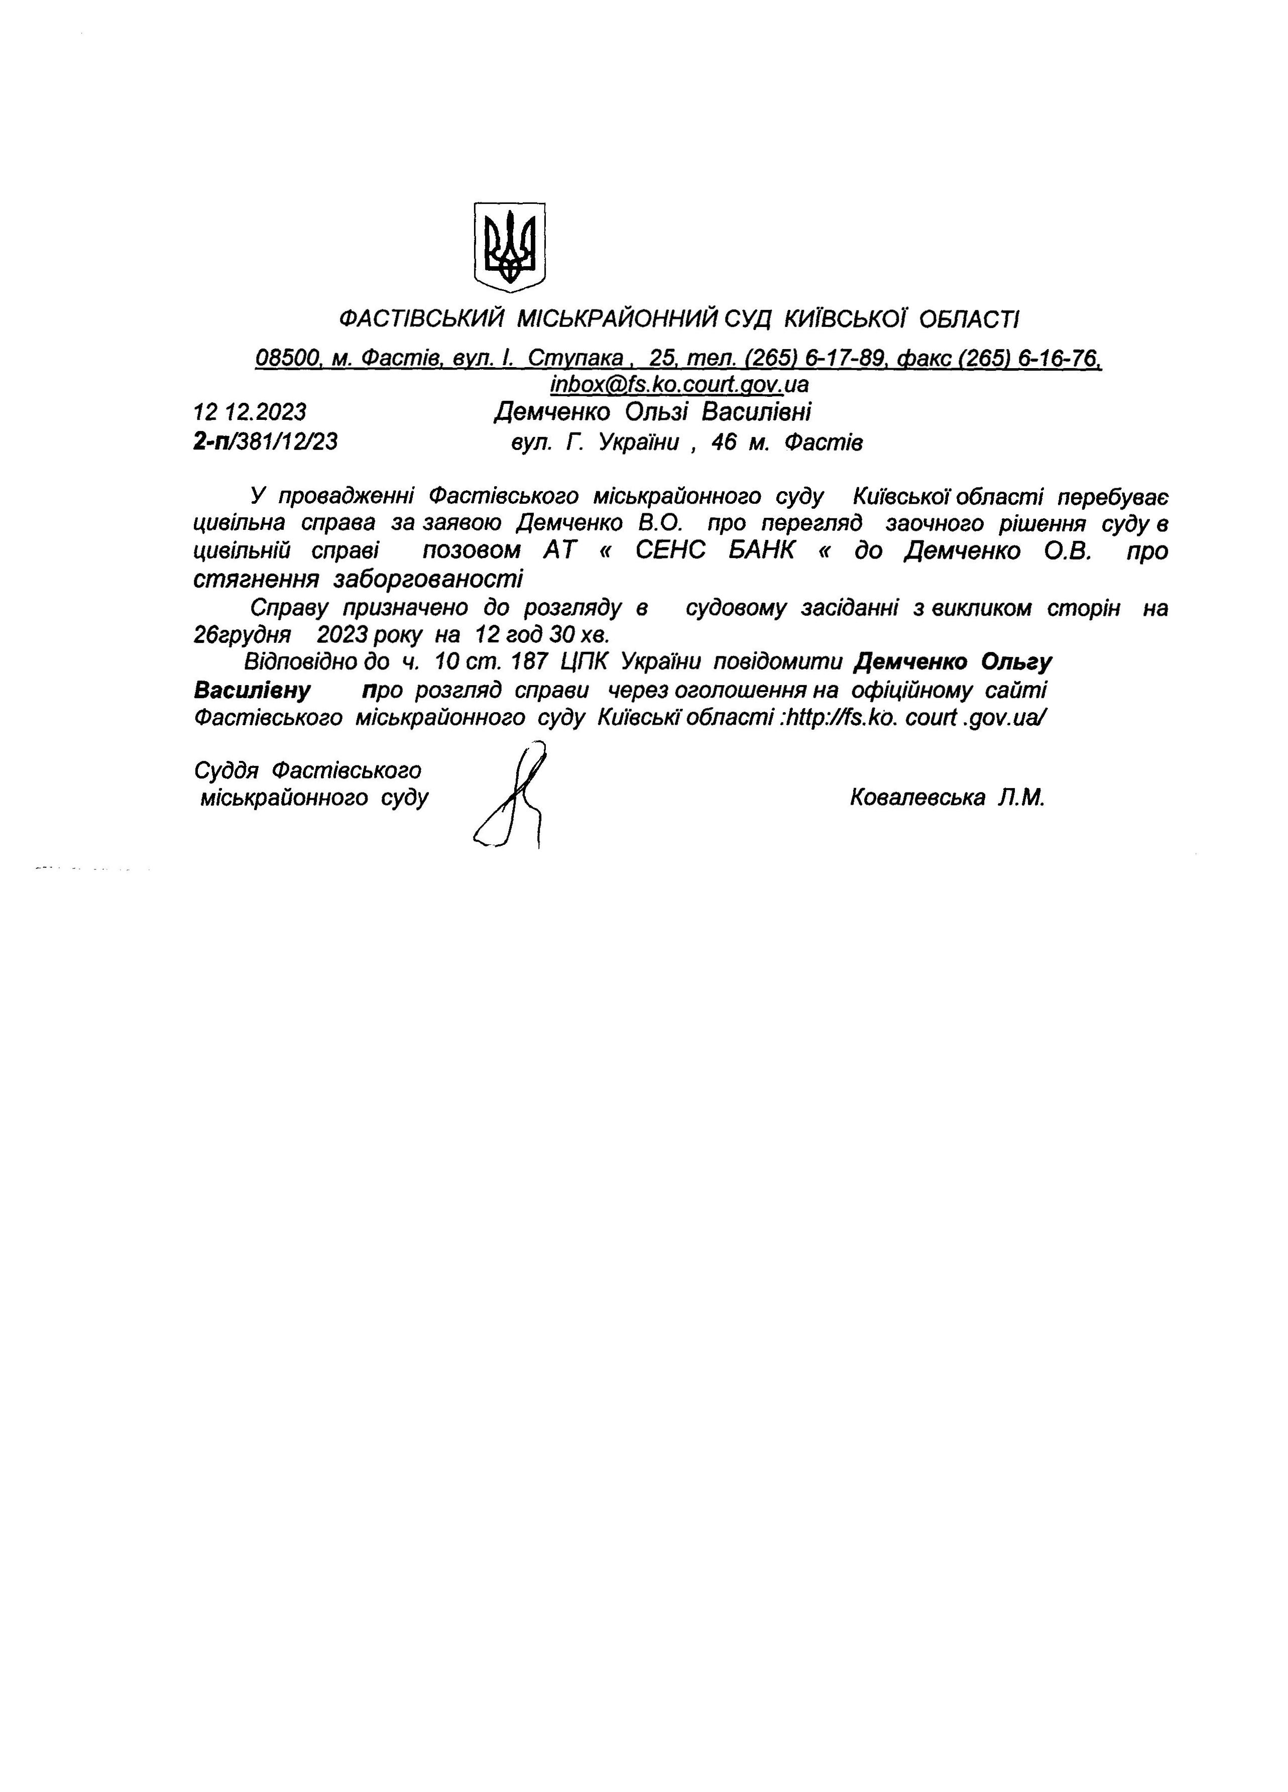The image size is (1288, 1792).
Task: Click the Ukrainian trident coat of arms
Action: (x=510, y=247)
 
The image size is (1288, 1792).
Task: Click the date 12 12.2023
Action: (x=250, y=412)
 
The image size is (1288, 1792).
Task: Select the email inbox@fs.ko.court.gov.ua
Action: (x=679, y=385)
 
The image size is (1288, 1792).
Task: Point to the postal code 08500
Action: (x=288, y=359)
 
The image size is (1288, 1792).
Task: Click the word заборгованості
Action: (x=428, y=579)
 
